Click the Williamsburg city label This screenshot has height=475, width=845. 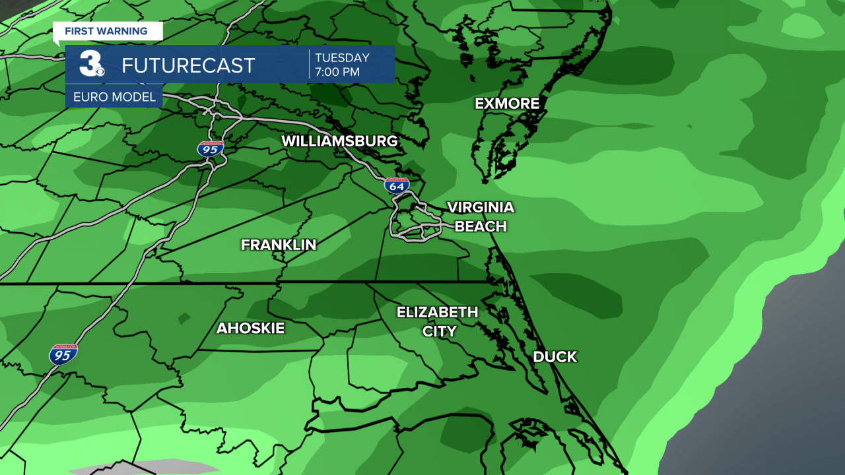[x=339, y=141]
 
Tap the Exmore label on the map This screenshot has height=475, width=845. [x=507, y=104]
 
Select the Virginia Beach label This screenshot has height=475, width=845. [x=481, y=216]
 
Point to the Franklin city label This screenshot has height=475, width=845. [x=279, y=245]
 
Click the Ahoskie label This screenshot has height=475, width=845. [x=251, y=328]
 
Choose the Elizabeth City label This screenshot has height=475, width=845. [x=437, y=321]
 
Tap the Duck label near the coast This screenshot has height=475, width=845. [x=555, y=357]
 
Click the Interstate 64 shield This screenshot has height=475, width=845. [x=397, y=185]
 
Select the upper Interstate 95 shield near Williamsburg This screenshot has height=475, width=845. [x=210, y=148]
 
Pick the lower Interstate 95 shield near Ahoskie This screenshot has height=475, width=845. [x=63, y=355]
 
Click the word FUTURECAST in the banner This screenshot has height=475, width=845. [x=188, y=65]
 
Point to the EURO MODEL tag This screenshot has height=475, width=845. [x=114, y=97]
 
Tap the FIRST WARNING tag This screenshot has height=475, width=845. [x=106, y=31]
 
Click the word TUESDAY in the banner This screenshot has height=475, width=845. [x=342, y=57]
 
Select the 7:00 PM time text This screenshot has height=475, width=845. [x=337, y=72]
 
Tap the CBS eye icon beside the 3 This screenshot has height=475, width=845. [x=100, y=71]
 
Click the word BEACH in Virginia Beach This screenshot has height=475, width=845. [x=481, y=226]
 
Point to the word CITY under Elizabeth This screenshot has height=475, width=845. [x=439, y=331]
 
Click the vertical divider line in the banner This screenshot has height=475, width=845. [x=309, y=64]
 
